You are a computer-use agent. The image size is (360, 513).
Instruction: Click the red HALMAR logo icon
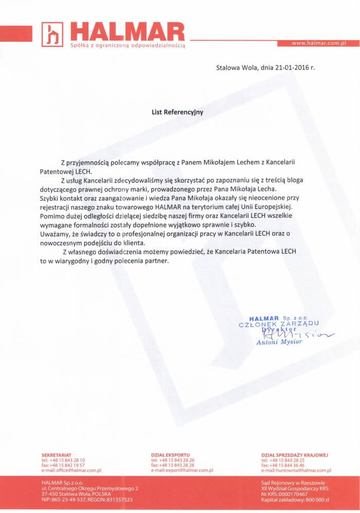[52, 34]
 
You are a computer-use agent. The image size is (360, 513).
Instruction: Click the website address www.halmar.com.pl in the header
[318, 43]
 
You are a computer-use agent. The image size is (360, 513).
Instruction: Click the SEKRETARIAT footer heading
[57, 455]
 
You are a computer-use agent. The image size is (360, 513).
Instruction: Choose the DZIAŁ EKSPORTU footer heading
[170, 455]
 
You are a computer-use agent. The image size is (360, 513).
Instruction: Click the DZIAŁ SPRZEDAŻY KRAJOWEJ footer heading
[294, 455]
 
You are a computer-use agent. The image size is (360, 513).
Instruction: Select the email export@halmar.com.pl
[189, 470]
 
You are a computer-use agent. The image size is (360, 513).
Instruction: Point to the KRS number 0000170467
[292, 494]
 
